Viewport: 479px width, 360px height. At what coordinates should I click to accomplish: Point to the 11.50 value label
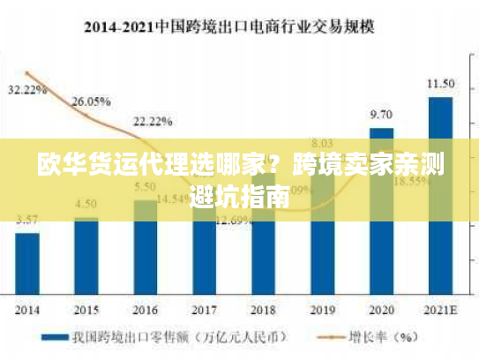pos(440,84)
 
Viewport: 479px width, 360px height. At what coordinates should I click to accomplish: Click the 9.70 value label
pos(381,115)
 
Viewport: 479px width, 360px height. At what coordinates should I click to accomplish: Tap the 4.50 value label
pos(86,203)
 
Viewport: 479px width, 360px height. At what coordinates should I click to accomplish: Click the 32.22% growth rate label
pos(27,90)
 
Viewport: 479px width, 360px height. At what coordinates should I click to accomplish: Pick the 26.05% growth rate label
pos(91,101)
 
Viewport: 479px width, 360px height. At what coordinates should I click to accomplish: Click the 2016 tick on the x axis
pos(145,311)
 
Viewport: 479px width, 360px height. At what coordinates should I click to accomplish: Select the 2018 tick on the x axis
pos(263,311)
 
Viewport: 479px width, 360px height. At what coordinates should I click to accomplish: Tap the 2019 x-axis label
pos(322,311)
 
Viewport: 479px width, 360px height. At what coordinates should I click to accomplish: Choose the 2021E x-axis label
pos(440,311)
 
